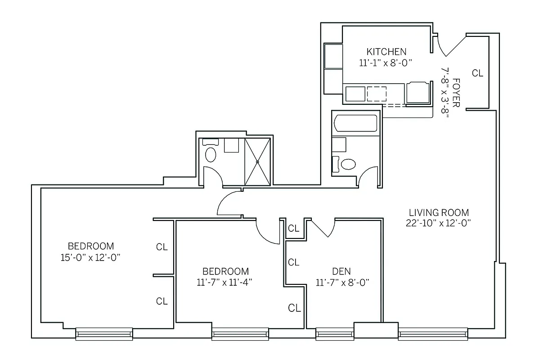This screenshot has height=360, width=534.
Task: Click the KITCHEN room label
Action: [x=386, y=51]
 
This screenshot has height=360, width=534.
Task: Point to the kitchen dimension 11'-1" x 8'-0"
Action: [x=386, y=63]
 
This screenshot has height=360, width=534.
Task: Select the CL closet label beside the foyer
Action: [x=477, y=73]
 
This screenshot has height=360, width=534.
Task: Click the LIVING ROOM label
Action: [x=439, y=212]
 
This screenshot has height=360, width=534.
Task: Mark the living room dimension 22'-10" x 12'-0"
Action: [x=439, y=223]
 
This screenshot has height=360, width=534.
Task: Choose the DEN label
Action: [x=341, y=271]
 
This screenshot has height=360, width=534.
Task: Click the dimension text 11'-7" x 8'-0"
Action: [x=342, y=283]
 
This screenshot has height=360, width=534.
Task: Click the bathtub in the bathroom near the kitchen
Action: [x=355, y=123]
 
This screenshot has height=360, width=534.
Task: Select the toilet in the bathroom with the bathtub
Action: [x=348, y=164]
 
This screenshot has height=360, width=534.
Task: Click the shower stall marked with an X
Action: [x=258, y=161]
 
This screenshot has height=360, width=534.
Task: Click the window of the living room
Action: [x=433, y=334]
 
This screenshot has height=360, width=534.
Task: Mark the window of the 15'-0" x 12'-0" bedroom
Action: [x=104, y=334]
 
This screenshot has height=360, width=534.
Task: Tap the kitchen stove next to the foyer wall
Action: [x=418, y=93]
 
